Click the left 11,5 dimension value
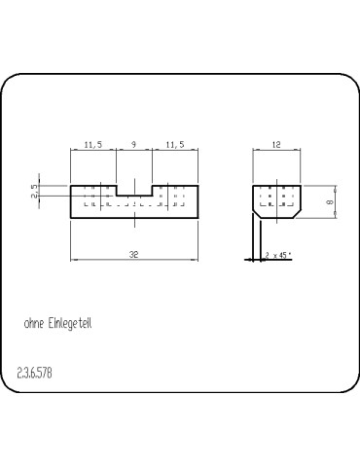(93, 144)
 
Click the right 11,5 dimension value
(175, 144)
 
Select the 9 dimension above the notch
(133, 144)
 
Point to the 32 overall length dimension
(133, 253)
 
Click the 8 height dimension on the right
(330, 202)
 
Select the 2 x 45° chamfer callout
(278, 255)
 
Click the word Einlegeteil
(74, 322)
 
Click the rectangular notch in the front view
(133, 191)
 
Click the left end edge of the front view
(70, 202)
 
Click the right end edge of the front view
(198, 202)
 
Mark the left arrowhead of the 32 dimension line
(73, 259)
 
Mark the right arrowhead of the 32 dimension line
(196, 259)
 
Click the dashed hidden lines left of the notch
(93, 198)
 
